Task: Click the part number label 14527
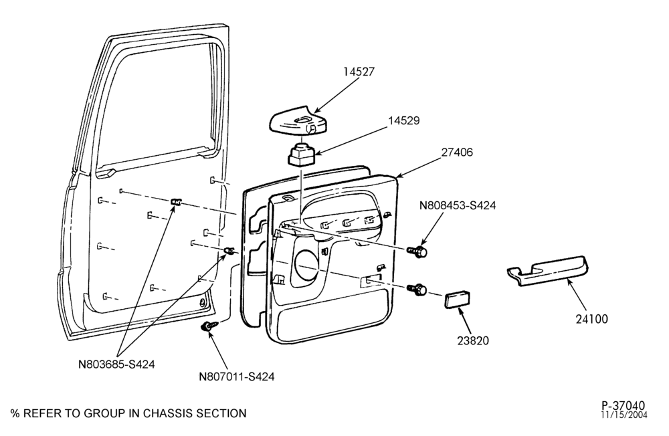click(359, 72)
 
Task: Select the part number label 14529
click(403, 121)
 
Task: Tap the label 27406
click(457, 152)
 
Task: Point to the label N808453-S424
click(458, 205)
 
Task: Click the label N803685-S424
click(116, 364)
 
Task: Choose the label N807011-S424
click(237, 376)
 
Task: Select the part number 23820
click(473, 340)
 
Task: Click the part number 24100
click(592, 319)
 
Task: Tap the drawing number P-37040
click(624, 405)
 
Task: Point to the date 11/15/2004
click(624, 415)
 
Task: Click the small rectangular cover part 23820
click(458, 300)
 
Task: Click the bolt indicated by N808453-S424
click(417, 251)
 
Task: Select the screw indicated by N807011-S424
click(209, 326)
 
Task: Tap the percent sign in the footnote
click(15, 413)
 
